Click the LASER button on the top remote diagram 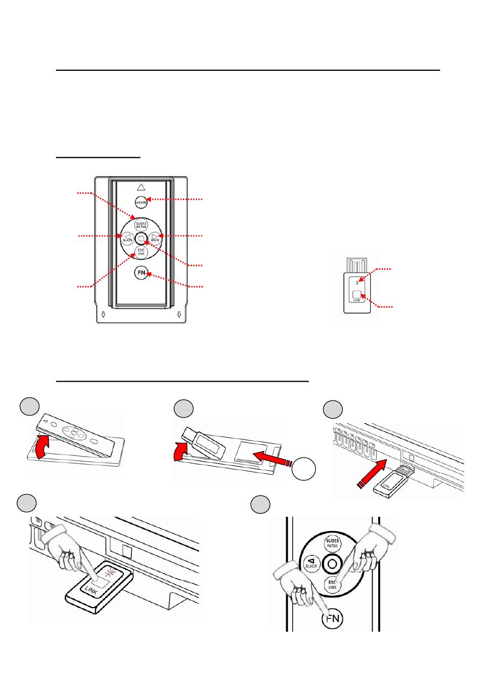coord(141,202)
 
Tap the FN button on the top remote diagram coord(141,273)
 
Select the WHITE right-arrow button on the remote coord(154,237)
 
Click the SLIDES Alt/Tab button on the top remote coord(141,225)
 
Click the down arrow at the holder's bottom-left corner coord(103,315)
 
